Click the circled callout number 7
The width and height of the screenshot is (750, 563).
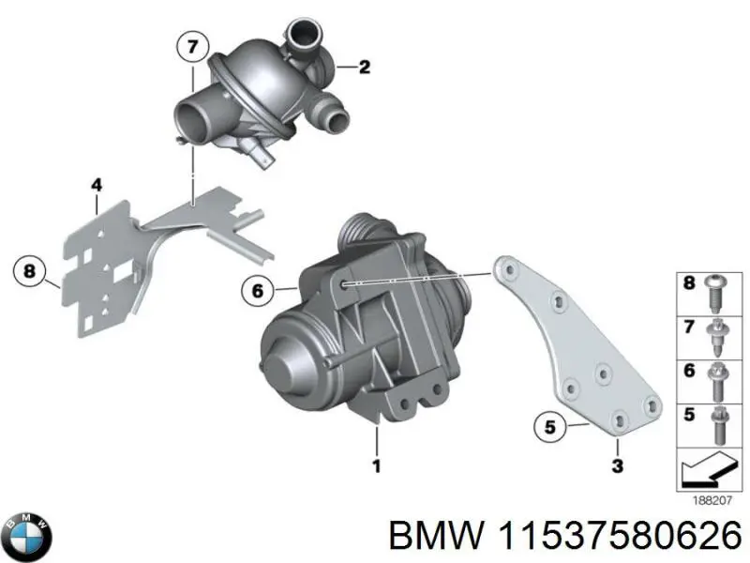(193, 47)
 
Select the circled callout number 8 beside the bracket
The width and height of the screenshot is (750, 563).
(30, 271)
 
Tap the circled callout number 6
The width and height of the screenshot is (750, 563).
(257, 290)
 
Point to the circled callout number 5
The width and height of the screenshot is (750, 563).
(550, 426)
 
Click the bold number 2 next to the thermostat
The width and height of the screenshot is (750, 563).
(365, 67)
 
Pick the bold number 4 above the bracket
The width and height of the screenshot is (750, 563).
(97, 184)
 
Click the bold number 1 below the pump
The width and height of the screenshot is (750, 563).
(377, 465)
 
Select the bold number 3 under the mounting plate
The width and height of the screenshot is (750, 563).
(618, 464)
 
